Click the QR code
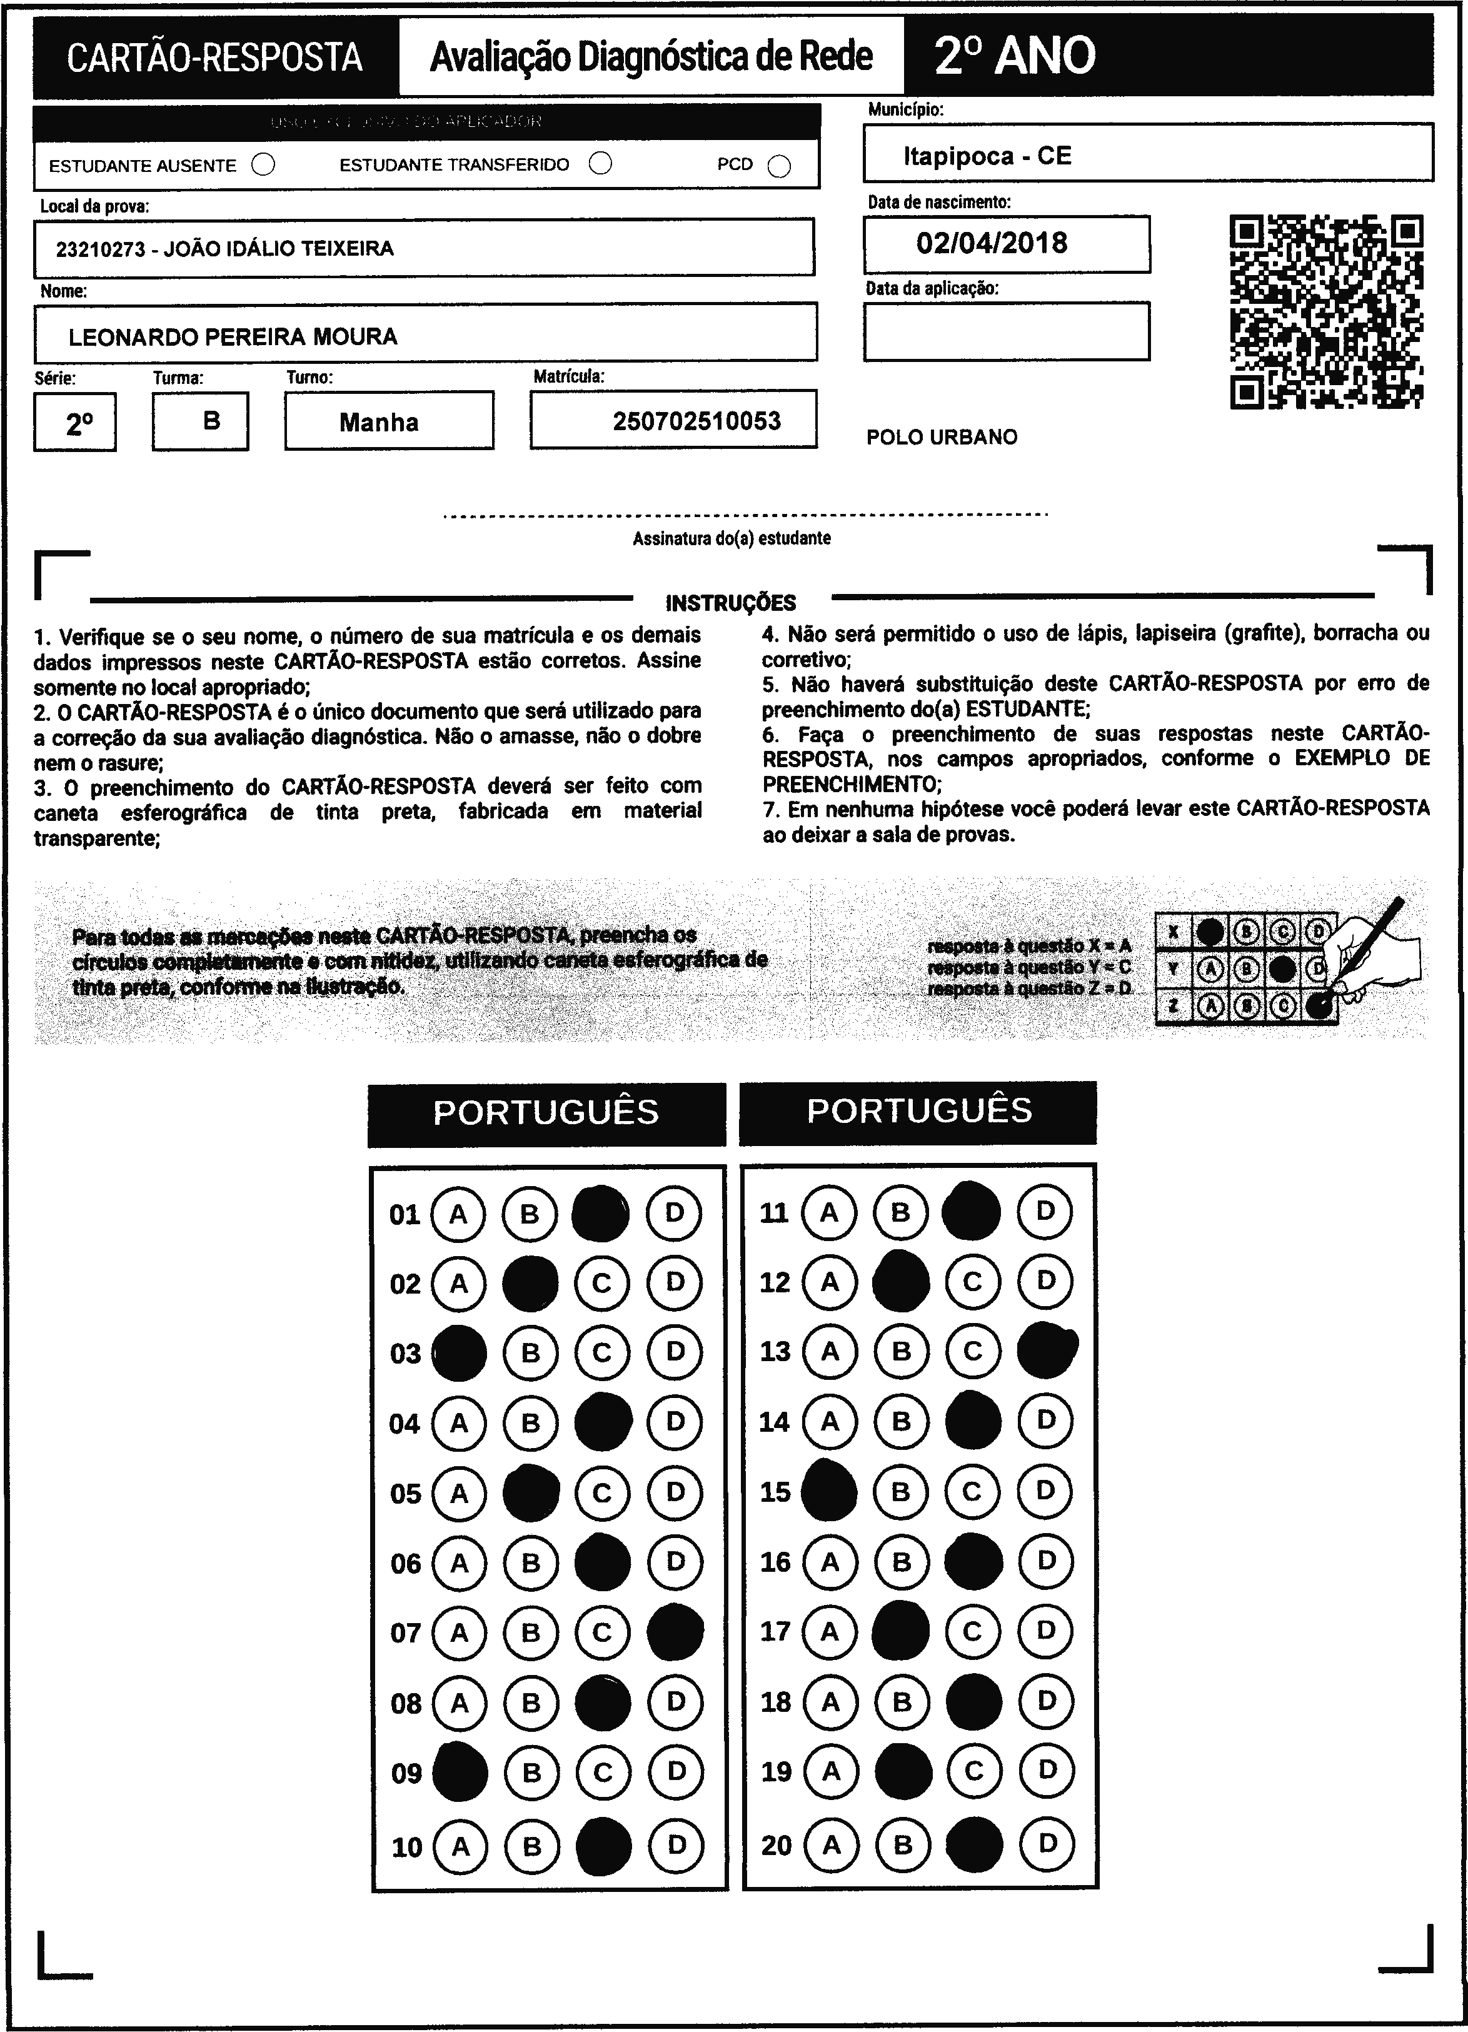pyautogui.click(x=1327, y=312)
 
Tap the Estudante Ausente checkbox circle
pyautogui.click(x=263, y=165)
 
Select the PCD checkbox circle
pyautogui.click(x=779, y=167)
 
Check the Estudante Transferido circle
pyautogui.click(x=601, y=163)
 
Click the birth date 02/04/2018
pyautogui.click(x=992, y=243)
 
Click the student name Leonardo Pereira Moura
pyautogui.click(x=233, y=337)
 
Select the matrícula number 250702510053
pyautogui.click(x=697, y=421)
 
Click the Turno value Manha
pyautogui.click(x=379, y=422)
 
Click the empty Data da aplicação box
pyautogui.click(x=1006, y=331)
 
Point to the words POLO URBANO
pyautogui.click(x=942, y=437)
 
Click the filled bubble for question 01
pyautogui.click(x=601, y=1214)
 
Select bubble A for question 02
pyautogui.click(x=458, y=1284)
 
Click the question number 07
pyautogui.click(x=405, y=1633)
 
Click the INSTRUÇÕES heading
pyautogui.click(x=731, y=603)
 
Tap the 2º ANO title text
pyautogui.click(x=1015, y=56)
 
